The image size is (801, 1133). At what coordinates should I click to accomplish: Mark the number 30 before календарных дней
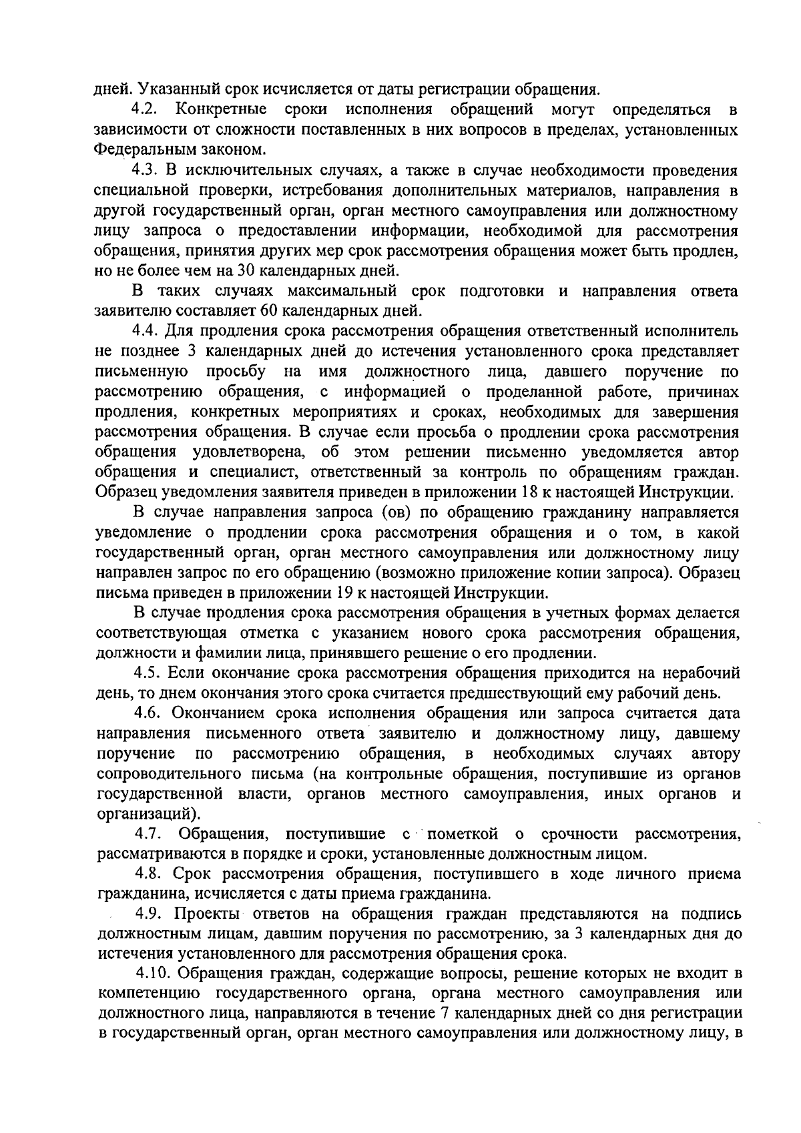(247, 271)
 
